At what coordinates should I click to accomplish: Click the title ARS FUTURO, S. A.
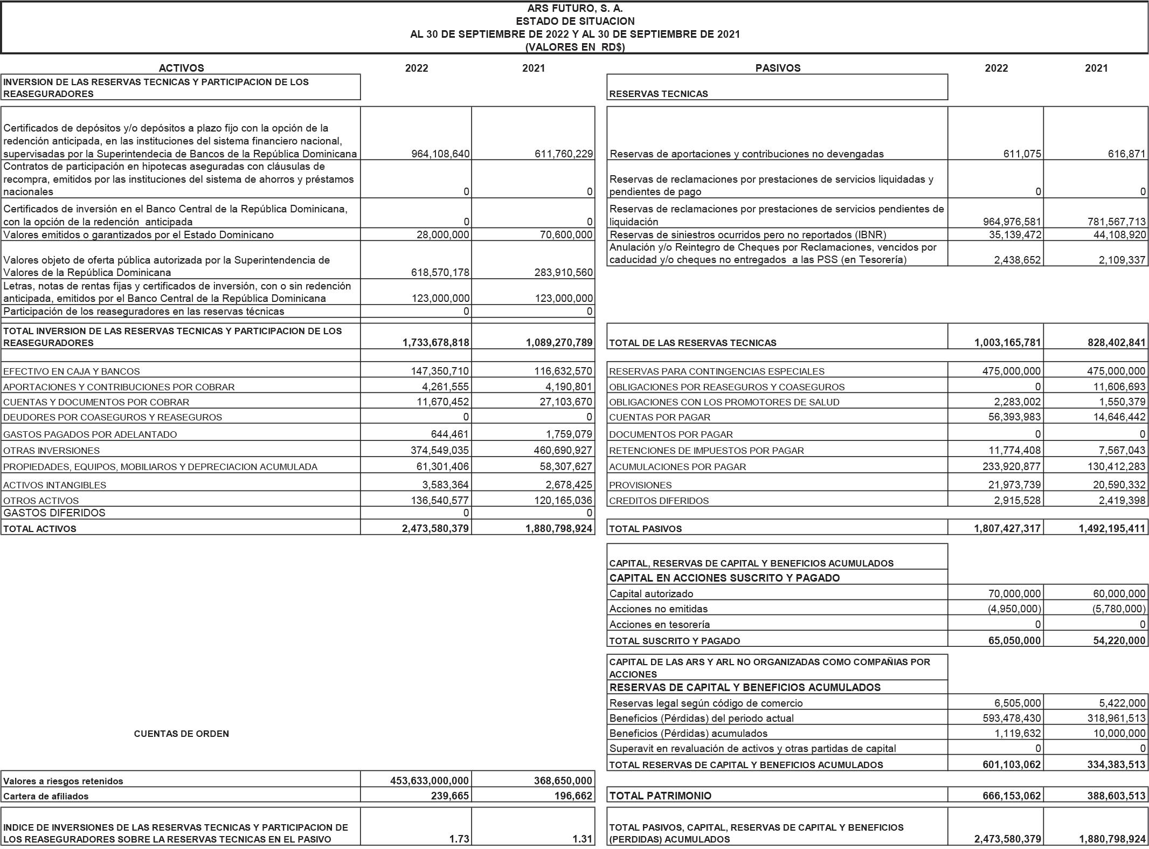pos(574,9)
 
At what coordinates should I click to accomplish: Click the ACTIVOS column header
pos(181,68)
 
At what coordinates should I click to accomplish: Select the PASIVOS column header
pos(777,68)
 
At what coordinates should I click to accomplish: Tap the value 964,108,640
pos(440,154)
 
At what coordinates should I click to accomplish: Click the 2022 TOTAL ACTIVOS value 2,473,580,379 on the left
pos(435,528)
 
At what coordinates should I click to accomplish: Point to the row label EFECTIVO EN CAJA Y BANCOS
pos(71,371)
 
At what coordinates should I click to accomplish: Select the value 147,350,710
pos(440,371)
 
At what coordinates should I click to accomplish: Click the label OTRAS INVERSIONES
pos(51,451)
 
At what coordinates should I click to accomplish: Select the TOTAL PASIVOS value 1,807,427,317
pos(1007,528)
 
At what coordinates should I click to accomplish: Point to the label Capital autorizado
pos(651,594)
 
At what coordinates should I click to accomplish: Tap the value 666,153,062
pos(1012,796)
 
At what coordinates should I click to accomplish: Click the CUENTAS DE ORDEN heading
pos(181,734)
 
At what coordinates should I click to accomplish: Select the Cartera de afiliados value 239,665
pos(451,796)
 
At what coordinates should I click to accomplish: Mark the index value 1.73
pos(459,839)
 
